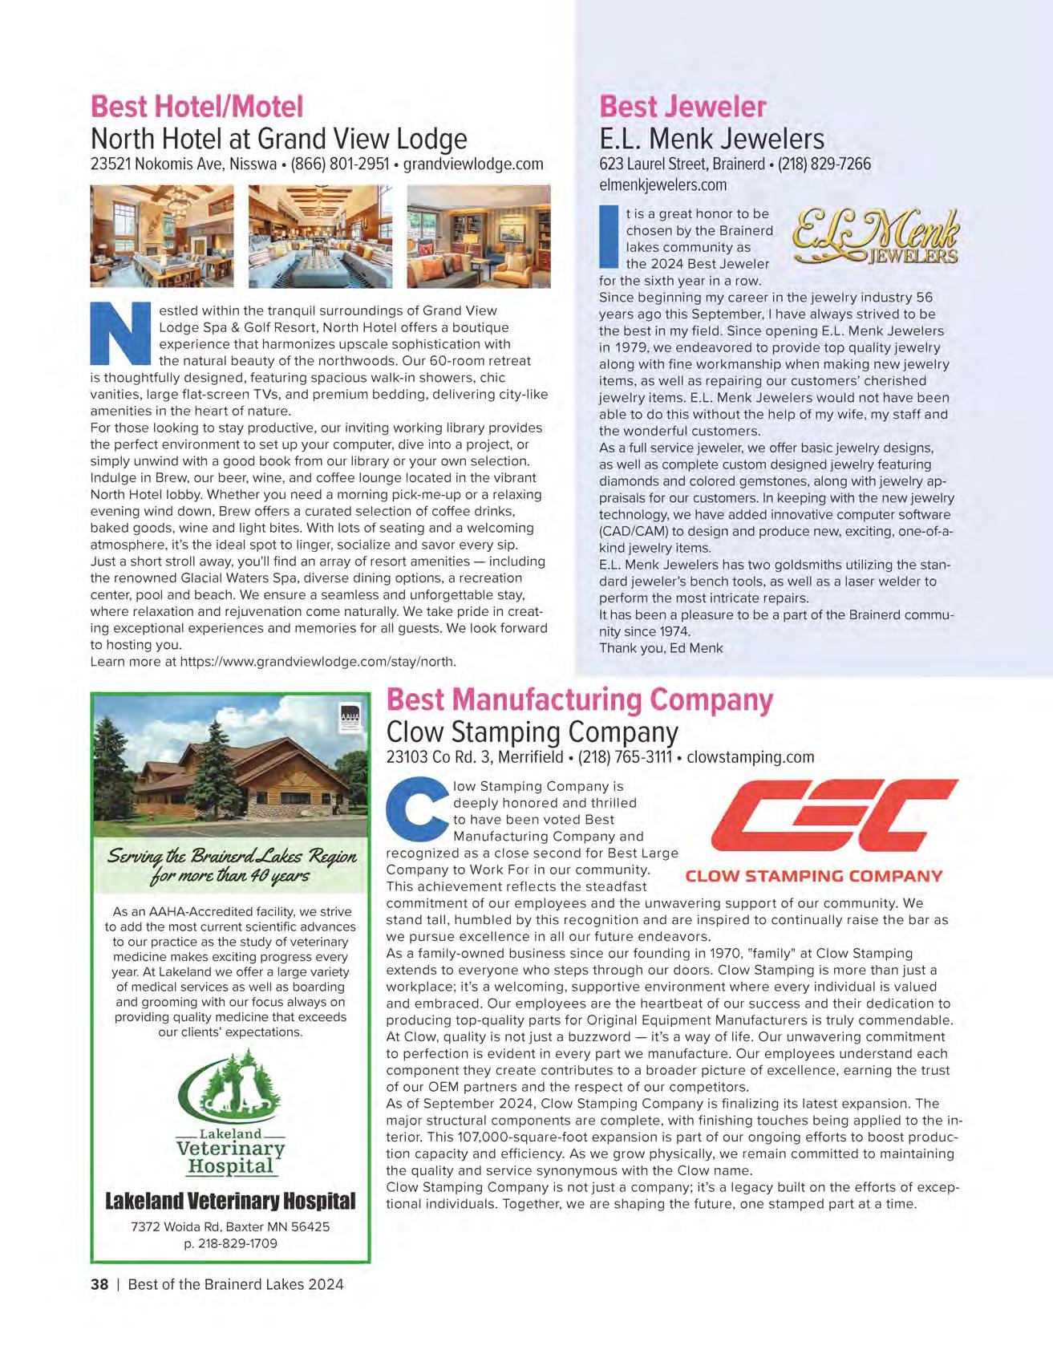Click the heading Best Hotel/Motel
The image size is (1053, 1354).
[196, 106]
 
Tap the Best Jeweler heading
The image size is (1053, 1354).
[682, 106]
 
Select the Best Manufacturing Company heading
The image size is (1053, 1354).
[579, 699]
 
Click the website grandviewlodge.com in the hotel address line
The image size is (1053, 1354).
[472, 164]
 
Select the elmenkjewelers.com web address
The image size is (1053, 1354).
[662, 184]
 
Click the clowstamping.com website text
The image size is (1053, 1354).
[750, 756]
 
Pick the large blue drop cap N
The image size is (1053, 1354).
[119, 333]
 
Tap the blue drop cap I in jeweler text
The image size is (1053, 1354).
[609, 237]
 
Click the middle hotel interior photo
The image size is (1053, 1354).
[320, 236]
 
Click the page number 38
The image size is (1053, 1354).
[99, 1284]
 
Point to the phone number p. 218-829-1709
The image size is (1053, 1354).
[230, 1243]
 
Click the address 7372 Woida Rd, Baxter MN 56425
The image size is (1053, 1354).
[230, 1226]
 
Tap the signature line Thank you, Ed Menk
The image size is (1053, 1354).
[661, 648]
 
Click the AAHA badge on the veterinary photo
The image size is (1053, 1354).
[351, 715]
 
